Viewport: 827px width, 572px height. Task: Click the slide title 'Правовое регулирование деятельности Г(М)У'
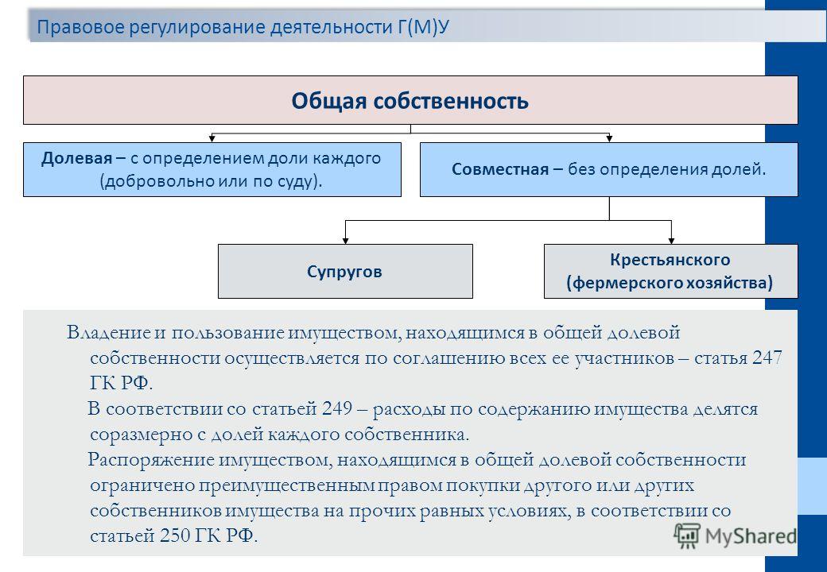click(243, 27)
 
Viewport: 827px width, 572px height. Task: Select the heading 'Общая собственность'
click(410, 101)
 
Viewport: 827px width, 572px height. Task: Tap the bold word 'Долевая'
click(76, 158)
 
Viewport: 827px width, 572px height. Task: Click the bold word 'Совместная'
click(500, 169)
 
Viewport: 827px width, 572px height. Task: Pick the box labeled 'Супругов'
click(345, 271)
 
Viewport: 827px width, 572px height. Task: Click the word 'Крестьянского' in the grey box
click(670, 260)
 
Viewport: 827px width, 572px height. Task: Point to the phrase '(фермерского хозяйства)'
click(670, 283)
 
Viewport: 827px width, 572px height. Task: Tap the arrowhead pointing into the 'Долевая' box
click(212, 138)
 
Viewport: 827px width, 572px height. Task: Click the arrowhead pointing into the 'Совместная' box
click(609, 138)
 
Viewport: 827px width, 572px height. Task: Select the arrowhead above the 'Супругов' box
click(345, 240)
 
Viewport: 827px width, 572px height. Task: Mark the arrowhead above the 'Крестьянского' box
click(671, 240)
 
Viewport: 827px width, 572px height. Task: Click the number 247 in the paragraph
click(767, 357)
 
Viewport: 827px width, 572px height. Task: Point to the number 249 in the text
click(336, 408)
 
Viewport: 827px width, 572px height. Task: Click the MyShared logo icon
click(687, 536)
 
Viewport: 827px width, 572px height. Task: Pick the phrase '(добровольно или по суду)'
click(211, 181)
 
